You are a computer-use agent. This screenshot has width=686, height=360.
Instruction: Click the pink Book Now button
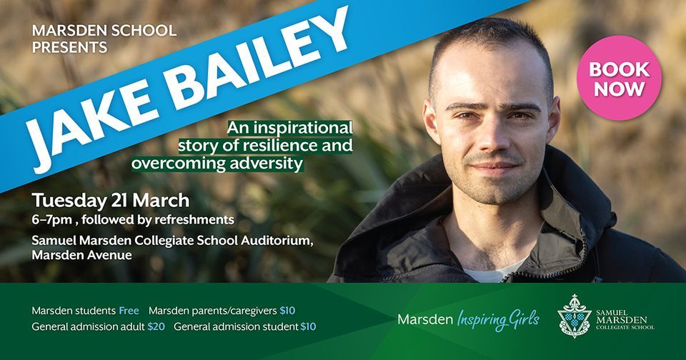(x=619, y=79)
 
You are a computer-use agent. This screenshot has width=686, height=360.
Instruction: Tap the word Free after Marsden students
(x=129, y=311)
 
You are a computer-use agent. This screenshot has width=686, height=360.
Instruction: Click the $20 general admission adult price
(x=157, y=326)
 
